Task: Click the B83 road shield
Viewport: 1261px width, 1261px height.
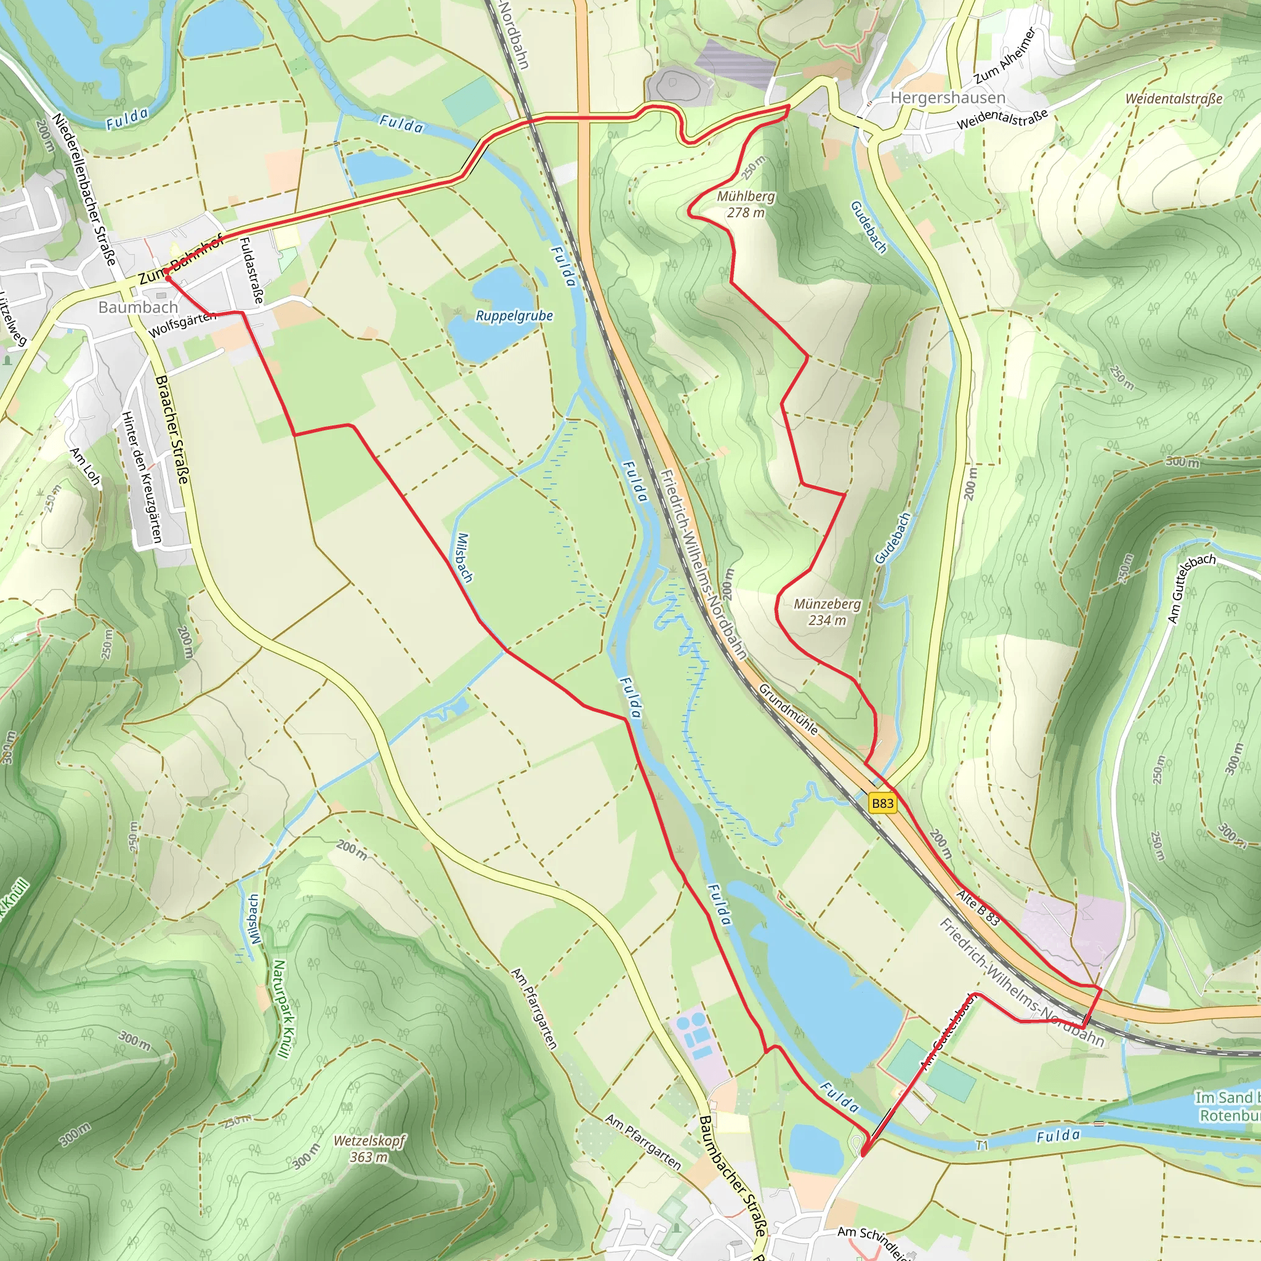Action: [x=882, y=803]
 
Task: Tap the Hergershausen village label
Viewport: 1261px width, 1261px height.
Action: [x=947, y=98]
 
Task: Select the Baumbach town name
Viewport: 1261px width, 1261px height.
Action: [x=138, y=307]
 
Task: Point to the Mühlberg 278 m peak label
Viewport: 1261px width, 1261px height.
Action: [x=746, y=204]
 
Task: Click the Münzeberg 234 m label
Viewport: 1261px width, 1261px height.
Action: [x=826, y=611]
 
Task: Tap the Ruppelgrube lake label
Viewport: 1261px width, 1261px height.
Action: [x=514, y=316]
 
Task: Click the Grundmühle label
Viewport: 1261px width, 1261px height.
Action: [x=788, y=709]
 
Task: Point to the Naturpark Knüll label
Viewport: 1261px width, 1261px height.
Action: [x=280, y=1008]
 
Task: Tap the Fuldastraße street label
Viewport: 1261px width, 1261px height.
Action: [x=251, y=270]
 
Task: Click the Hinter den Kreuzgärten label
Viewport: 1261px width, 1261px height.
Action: [x=142, y=477]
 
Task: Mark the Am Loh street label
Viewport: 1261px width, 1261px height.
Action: [x=86, y=466]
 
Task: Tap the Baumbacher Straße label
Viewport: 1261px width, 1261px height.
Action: [x=731, y=1175]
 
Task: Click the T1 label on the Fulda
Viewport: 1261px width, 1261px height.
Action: [x=982, y=1145]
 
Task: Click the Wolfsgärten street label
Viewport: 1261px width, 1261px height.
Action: [x=182, y=324]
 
